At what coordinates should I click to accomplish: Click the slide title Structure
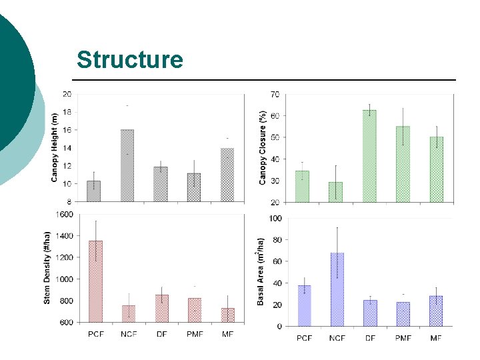coord(130,59)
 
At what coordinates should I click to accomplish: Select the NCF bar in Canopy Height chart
coord(127,165)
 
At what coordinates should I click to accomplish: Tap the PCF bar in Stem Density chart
coord(96,281)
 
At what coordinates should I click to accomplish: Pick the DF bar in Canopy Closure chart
coord(369,156)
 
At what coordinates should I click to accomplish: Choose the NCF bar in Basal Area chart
coord(337,289)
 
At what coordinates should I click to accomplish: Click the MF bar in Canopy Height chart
coord(227,175)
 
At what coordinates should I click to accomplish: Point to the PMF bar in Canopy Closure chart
coord(403,164)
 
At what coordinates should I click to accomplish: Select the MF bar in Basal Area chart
coord(436,311)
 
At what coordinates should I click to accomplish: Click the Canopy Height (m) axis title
coord(54,147)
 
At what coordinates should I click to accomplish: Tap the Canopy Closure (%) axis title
coord(263,147)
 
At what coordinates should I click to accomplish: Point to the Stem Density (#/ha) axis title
coord(47,268)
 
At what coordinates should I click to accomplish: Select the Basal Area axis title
coord(260,272)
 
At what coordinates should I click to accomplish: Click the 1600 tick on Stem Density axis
coord(64,214)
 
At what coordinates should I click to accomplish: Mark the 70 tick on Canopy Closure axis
coord(275,94)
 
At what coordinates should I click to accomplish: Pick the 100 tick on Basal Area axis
coord(275,218)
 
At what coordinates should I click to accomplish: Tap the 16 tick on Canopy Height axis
coord(67,130)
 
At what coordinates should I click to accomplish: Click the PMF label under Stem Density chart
coord(195,334)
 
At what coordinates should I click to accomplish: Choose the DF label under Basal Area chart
coord(370,338)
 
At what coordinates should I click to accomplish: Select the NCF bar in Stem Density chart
coord(129,314)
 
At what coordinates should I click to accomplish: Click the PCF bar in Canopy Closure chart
coord(302,187)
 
